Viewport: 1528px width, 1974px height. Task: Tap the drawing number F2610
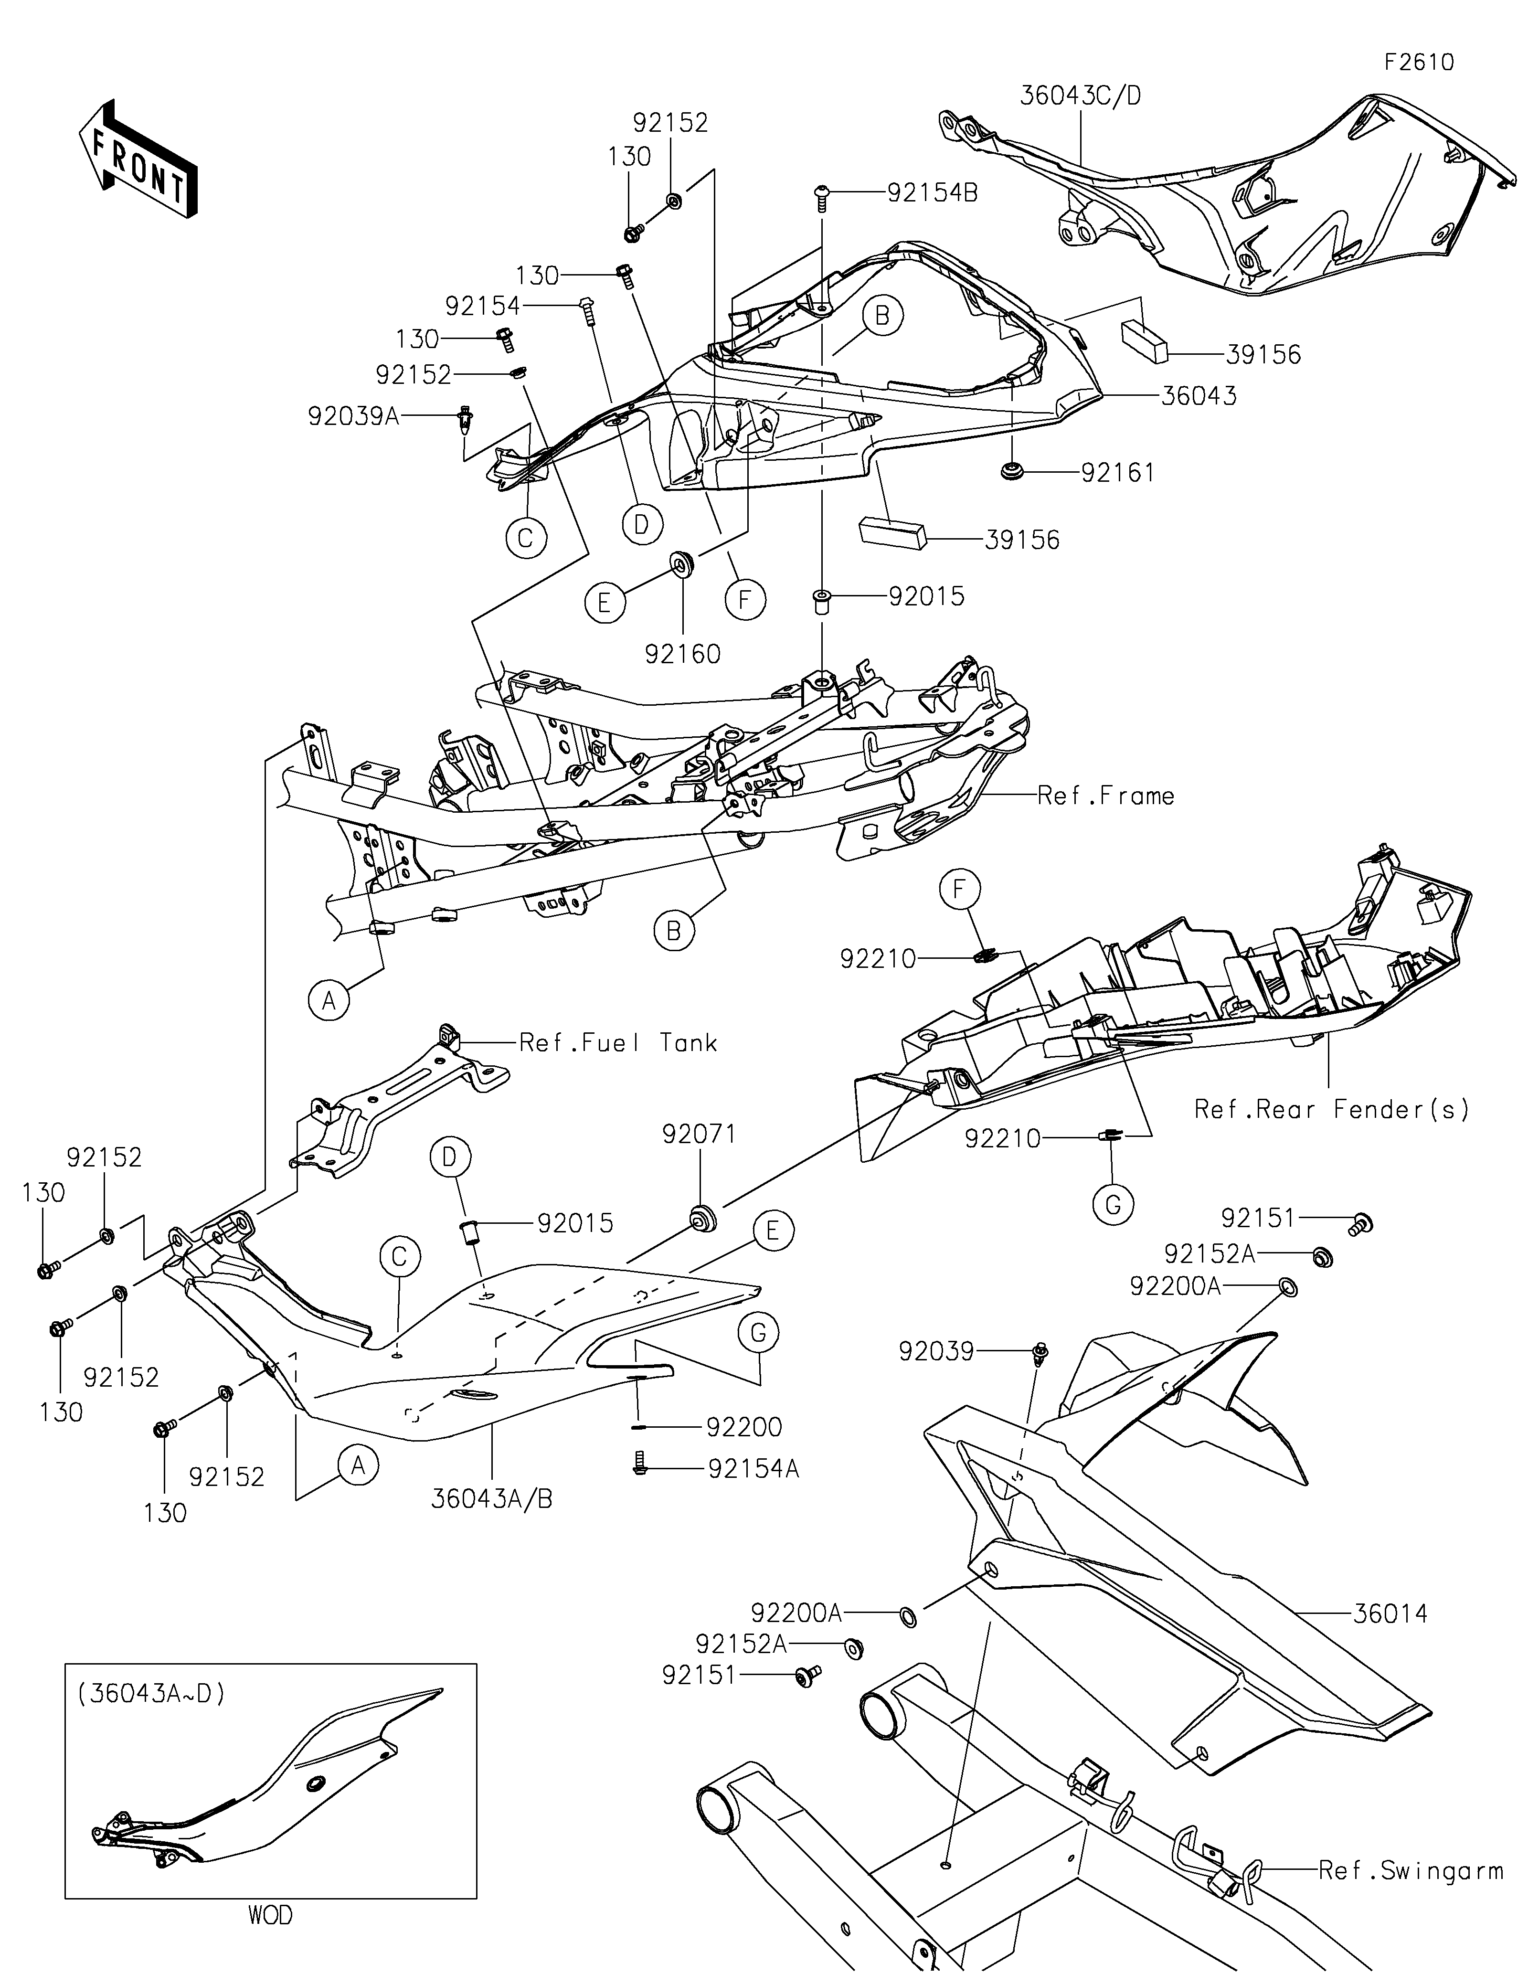tap(1419, 63)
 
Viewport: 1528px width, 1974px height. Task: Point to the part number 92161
tap(1118, 473)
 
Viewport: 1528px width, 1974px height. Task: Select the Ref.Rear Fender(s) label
tap(1332, 1109)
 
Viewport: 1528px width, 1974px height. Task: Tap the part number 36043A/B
tap(491, 1498)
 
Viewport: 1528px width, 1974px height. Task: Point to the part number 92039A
tap(353, 417)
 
